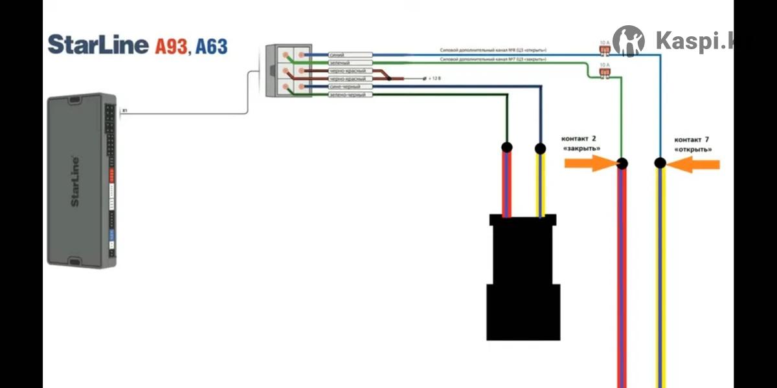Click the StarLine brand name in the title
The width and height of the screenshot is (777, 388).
98,45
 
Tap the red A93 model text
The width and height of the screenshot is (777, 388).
170,46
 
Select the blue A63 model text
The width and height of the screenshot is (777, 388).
211,46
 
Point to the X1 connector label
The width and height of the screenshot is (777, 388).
124,111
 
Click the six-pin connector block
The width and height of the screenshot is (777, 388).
289,71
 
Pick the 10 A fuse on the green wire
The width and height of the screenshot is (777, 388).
604,72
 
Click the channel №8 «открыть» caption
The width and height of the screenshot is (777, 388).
493,50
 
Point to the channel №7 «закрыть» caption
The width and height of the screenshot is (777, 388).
493,59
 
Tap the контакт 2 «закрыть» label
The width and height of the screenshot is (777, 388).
580,144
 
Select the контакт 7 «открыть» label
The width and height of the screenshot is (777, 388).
693,144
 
